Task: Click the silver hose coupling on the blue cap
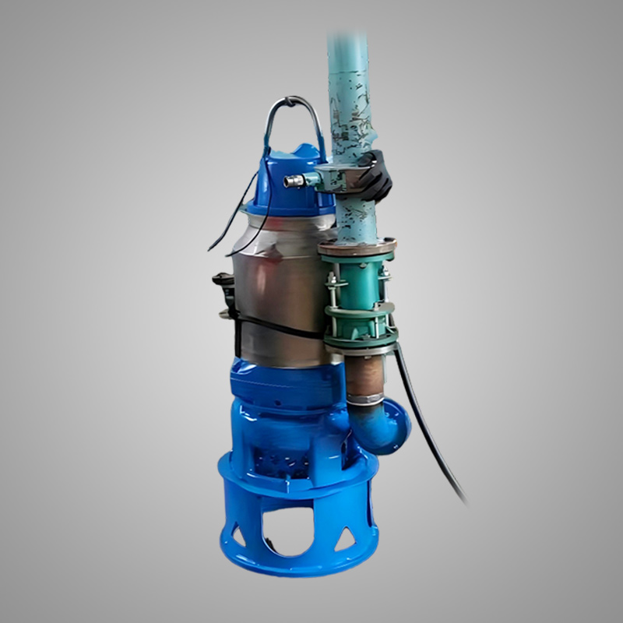tap(295, 181)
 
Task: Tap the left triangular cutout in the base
tap(234, 535)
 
